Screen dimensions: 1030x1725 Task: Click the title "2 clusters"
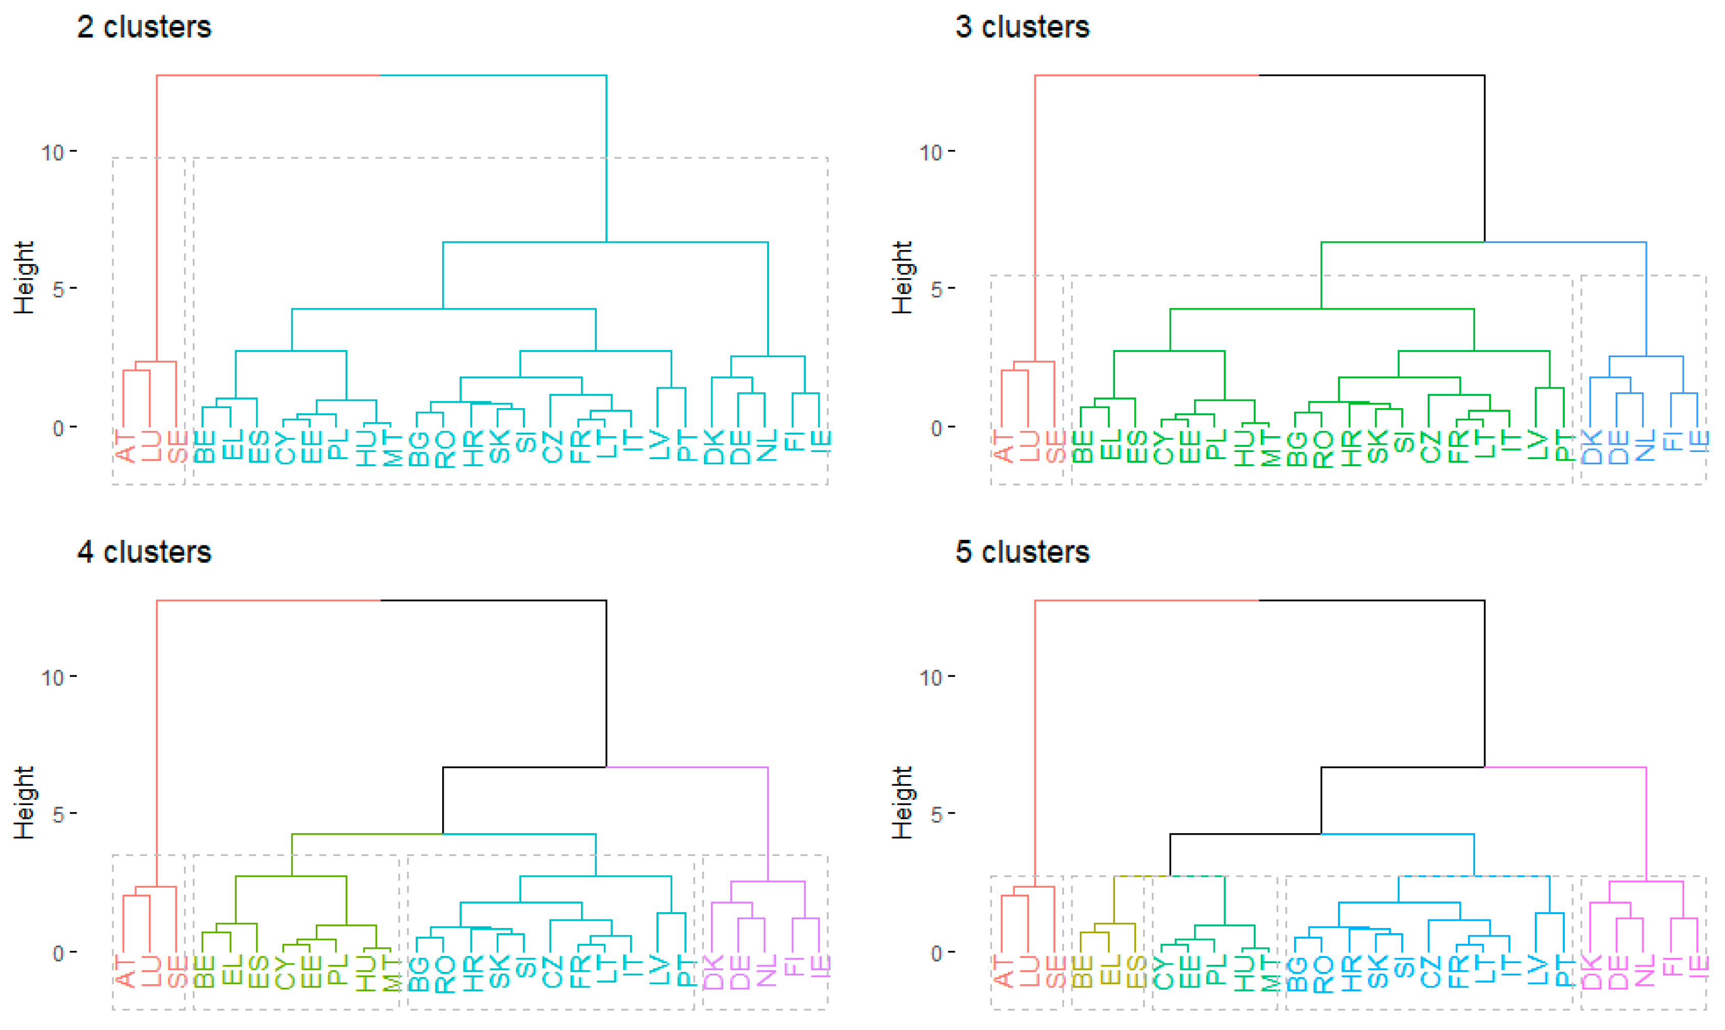click(x=144, y=27)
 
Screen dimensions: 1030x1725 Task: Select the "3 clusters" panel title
click(x=1022, y=27)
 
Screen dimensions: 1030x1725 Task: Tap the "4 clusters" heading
click(x=144, y=552)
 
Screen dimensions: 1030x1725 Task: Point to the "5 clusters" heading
click(x=1022, y=552)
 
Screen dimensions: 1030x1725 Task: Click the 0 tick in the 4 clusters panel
click(x=58, y=953)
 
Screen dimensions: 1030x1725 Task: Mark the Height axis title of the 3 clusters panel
click(x=902, y=278)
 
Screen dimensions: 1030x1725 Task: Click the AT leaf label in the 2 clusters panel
click(x=124, y=446)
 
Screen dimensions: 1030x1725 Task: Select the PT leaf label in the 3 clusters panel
click(x=1563, y=446)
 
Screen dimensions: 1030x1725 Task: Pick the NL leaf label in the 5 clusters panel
click(x=1644, y=971)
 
